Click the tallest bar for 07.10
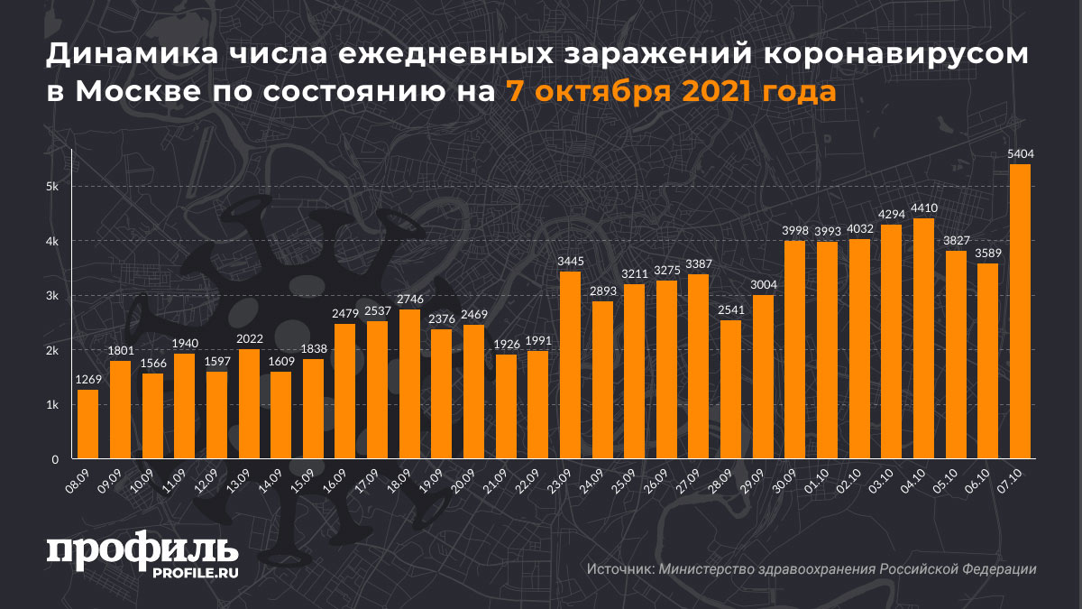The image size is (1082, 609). pyautogui.click(x=1020, y=311)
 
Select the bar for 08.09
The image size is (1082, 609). pyautogui.click(x=87, y=424)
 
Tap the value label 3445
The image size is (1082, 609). pyautogui.click(x=570, y=262)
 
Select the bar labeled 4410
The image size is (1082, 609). pyautogui.click(x=924, y=338)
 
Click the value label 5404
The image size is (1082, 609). pyautogui.click(x=1020, y=154)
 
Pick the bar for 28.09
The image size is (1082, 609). pyautogui.click(x=730, y=390)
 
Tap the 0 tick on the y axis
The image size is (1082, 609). pyautogui.click(x=55, y=459)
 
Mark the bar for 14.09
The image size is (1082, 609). pyautogui.click(x=280, y=415)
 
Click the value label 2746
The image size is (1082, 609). pyautogui.click(x=409, y=300)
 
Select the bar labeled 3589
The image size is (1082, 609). pyautogui.click(x=988, y=361)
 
